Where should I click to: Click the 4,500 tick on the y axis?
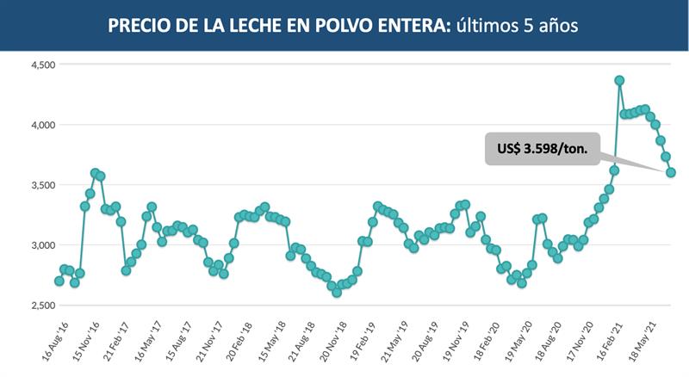coord(40,65)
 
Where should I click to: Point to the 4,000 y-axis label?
coord(40,125)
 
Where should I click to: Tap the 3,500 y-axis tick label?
coord(40,185)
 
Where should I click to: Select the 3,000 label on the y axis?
coord(40,245)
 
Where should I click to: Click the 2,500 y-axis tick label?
coord(40,306)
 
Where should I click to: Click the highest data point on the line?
coord(619,80)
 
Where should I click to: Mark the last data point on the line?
coord(671,172)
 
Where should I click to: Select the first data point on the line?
coord(59,281)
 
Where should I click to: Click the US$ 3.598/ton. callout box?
coord(542,148)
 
